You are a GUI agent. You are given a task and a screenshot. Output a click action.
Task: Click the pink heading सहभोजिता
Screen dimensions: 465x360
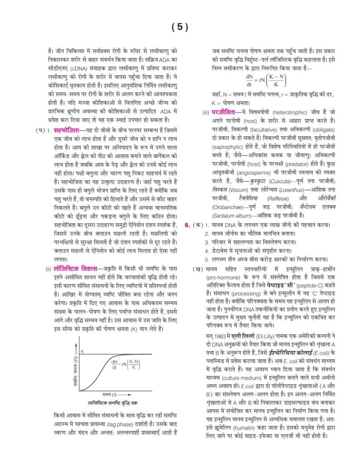(x=65, y=131)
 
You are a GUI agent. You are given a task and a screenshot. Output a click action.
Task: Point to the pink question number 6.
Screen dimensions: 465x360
(x=187, y=225)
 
